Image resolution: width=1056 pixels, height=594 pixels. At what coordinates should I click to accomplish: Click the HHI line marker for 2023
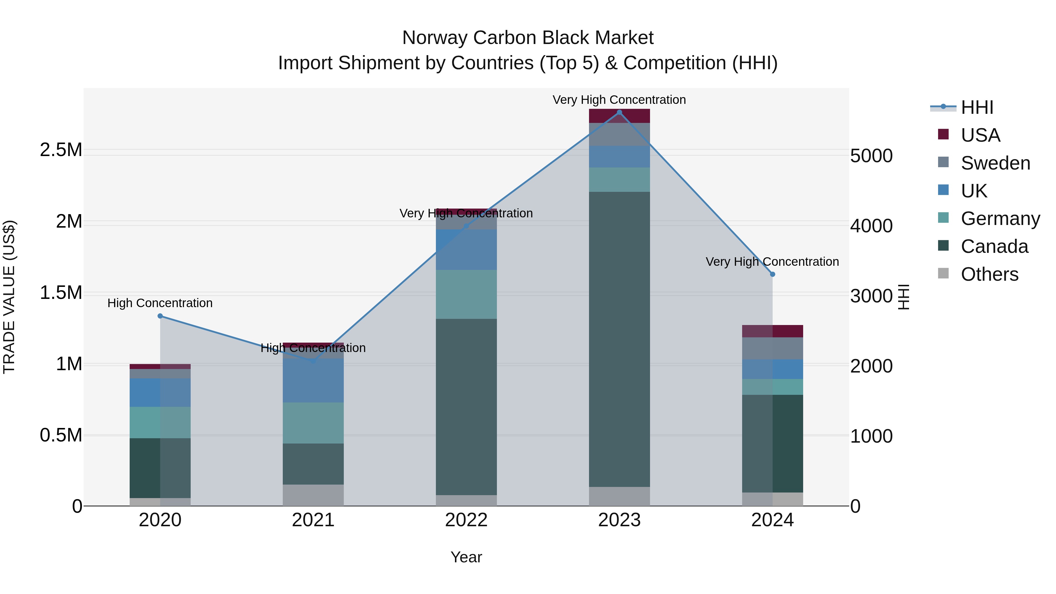pos(620,112)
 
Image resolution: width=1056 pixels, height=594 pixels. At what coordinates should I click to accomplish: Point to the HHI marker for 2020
pos(160,316)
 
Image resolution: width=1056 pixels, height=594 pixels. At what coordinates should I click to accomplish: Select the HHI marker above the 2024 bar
pos(773,274)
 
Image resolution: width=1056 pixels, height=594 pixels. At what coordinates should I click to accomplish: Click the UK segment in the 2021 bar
pos(313,380)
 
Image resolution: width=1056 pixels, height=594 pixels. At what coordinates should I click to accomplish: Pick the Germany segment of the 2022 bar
pos(466,294)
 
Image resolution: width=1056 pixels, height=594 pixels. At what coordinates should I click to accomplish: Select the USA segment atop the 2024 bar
pos(773,331)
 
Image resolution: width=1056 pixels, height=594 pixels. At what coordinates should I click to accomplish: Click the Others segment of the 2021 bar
pos(313,495)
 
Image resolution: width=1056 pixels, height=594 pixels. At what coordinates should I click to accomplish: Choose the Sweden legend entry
pos(995,163)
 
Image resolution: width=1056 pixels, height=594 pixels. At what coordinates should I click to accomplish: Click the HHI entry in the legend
pos(977,107)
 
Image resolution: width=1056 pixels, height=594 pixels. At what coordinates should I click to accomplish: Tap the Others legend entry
pos(989,274)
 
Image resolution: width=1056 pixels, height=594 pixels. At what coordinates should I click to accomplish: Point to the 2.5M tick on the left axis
pos(61,150)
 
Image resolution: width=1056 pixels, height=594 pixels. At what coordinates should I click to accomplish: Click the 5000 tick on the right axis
pos(871,156)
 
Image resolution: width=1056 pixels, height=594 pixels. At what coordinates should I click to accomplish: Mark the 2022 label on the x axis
pos(466,520)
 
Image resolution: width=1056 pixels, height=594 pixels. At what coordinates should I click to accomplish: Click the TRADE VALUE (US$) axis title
pos(9,297)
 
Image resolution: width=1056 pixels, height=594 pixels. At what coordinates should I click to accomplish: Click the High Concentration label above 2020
pos(160,303)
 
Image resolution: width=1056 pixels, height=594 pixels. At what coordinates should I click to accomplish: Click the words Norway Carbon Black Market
pos(528,38)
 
